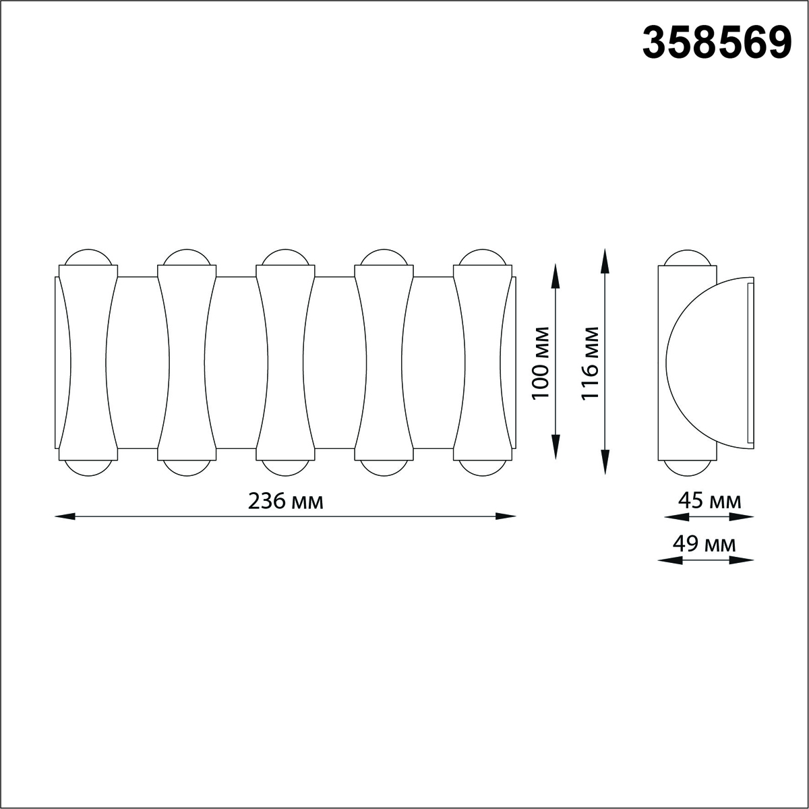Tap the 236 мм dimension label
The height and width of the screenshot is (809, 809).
tap(285, 501)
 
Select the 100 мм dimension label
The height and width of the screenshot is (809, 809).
tap(540, 363)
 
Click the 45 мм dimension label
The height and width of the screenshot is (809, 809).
tap(709, 500)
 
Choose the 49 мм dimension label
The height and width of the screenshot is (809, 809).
tap(704, 544)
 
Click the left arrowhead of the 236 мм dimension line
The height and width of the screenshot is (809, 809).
tap(65, 516)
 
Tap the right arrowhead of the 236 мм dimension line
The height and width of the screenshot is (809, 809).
tap(506, 516)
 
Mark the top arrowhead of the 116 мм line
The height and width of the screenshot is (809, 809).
tap(605, 260)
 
